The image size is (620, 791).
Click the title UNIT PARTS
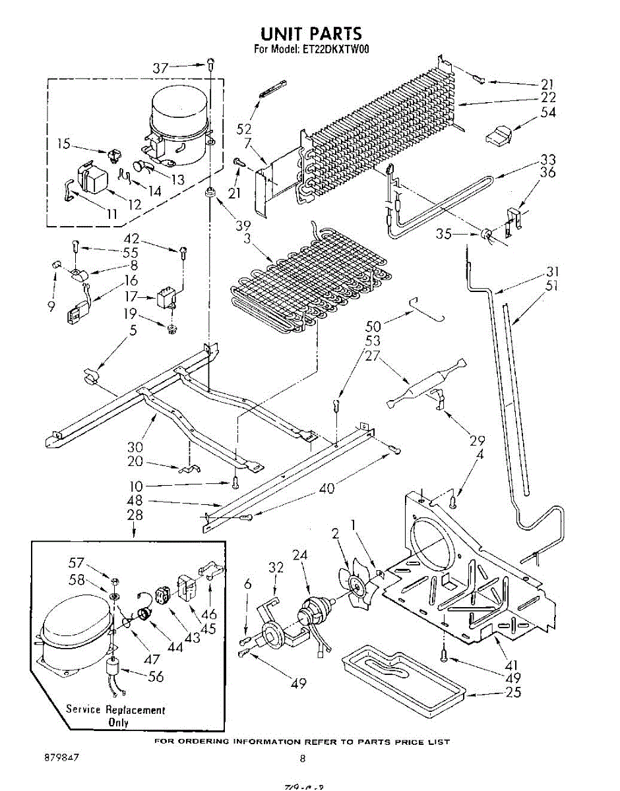[311, 34]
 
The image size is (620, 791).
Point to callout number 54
[547, 112]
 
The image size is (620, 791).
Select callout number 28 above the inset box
[135, 514]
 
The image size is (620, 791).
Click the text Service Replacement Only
[115, 715]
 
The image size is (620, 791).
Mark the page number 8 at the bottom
[303, 759]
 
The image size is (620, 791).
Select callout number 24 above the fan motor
[300, 555]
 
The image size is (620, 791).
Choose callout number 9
[51, 306]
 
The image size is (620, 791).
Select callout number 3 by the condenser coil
[247, 239]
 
